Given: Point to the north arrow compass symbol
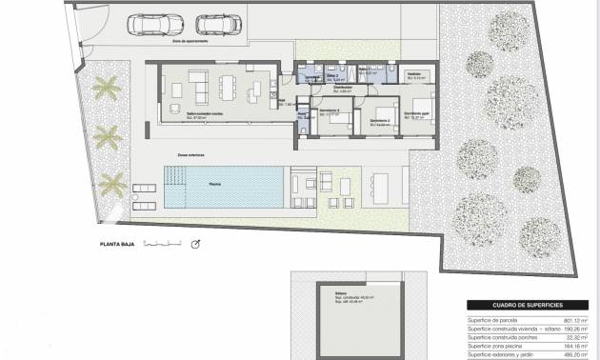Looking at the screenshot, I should [196, 244].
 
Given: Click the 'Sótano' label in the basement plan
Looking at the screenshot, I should [341, 294].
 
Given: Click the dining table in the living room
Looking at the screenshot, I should [226, 88].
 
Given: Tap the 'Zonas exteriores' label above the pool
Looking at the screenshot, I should [190, 154].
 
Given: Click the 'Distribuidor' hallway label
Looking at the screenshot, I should [342, 88].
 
